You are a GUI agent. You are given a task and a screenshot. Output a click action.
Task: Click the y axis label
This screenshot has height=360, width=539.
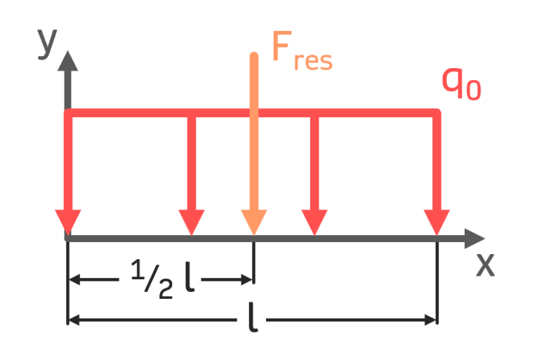pos(47,46)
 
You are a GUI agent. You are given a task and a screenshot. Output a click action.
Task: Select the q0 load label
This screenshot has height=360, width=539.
pos(460,84)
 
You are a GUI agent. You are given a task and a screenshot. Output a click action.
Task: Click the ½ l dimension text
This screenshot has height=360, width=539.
pos(165,279)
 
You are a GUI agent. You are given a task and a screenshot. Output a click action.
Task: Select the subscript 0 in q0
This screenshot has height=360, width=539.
pos(474,91)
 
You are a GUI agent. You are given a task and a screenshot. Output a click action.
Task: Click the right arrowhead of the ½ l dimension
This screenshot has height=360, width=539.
pos(246,279)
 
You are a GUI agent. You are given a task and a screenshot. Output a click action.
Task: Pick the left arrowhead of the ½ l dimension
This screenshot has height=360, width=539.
pos(76,279)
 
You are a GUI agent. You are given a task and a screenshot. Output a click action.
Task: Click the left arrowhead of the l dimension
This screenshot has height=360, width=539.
pos(76,321)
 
